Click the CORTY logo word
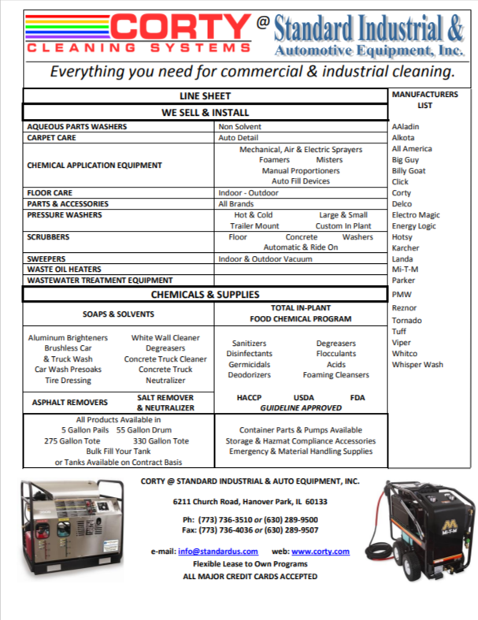point(179,30)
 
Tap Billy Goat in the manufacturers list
point(409,170)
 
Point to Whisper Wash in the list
point(417,365)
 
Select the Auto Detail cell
point(239,137)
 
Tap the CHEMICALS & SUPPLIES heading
point(205,295)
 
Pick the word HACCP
point(249,398)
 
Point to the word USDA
point(303,398)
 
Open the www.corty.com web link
point(321,552)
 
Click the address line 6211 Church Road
point(250,502)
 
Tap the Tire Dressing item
point(68,381)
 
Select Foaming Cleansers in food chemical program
point(335,376)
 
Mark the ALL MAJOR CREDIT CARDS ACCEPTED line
point(250,577)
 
